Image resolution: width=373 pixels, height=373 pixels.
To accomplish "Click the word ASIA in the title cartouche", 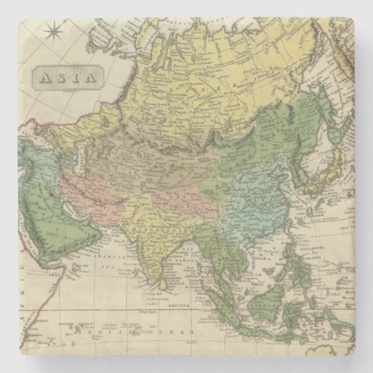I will click(68, 77).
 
